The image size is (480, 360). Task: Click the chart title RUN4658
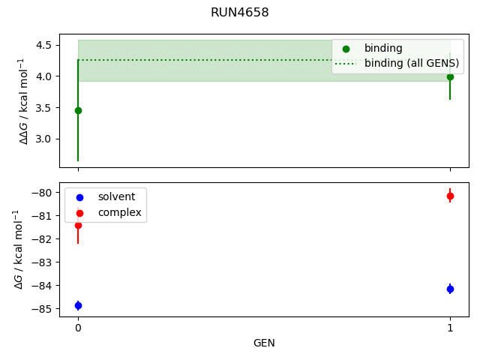pyautogui.click(x=240, y=13)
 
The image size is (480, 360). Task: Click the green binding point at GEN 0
pyautogui.click(x=78, y=110)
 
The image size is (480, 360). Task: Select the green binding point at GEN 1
pyautogui.click(x=450, y=76)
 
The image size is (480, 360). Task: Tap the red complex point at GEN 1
pyautogui.click(x=450, y=196)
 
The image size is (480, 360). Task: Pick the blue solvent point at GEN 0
pyautogui.click(x=78, y=305)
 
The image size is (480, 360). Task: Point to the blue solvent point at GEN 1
pyautogui.click(x=450, y=289)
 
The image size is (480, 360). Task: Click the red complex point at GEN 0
pyautogui.click(x=78, y=225)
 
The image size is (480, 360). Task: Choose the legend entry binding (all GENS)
pyautogui.click(x=411, y=63)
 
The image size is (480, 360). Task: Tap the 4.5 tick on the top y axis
pyautogui.click(x=43, y=45)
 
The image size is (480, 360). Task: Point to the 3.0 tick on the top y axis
pyautogui.click(x=43, y=139)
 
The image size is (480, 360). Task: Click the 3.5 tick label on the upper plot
pyautogui.click(x=43, y=107)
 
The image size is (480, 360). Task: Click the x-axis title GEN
pyautogui.click(x=264, y=343)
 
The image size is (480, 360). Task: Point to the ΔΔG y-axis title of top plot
pyautogui.click(x=22, y=100)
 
